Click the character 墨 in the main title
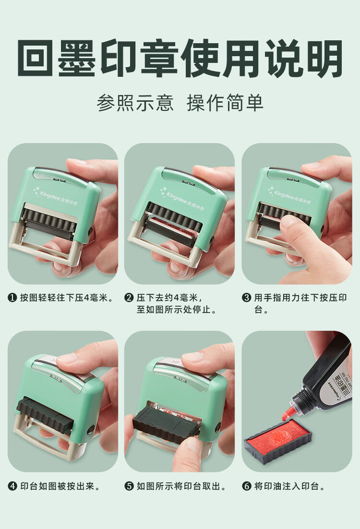[x=77, y=59]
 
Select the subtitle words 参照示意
[x=135, y=103]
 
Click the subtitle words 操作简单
[x=225, y=103]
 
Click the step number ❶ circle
[x=12, y=298]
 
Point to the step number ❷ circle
[x=129, y=298]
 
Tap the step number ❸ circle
[x=246, y=298]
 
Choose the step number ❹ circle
[x=12, y=486]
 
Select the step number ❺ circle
[x=129, y=486]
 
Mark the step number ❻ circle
[x=246, y=486]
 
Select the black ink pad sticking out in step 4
[x=46, y=412]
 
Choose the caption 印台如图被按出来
[x=60, y=486]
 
